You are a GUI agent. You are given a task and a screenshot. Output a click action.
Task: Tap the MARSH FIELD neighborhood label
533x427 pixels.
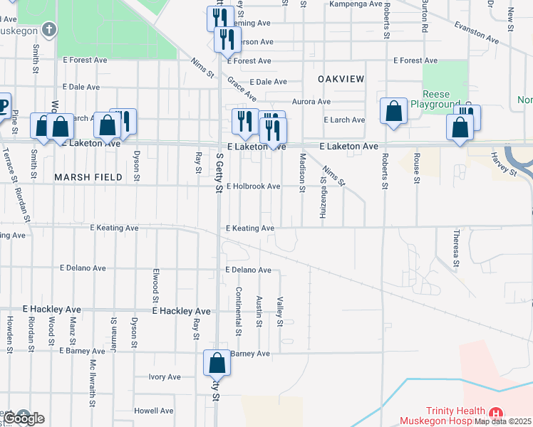click(83, 175)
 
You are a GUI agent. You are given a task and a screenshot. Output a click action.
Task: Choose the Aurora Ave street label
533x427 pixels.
click(311, 102)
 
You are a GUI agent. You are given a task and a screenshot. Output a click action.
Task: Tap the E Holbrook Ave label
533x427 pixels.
click(254, 186)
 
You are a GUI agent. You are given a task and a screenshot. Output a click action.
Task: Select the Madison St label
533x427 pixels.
click(302, 172)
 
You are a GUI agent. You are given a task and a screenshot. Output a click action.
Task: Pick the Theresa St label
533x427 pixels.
click(456, 246)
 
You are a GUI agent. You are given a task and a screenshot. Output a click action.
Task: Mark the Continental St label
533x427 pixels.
click(239, 311)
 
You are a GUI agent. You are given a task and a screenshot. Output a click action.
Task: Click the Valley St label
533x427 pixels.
click(280, 312)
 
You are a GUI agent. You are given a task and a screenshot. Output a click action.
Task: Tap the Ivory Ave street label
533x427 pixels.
click(165, 377)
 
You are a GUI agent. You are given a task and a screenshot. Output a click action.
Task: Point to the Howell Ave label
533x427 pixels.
click(154, 411)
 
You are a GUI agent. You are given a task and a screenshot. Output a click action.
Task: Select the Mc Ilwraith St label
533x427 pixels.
click(92, 383)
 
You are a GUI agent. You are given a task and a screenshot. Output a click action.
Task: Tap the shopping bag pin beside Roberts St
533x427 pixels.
click(393, 110)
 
